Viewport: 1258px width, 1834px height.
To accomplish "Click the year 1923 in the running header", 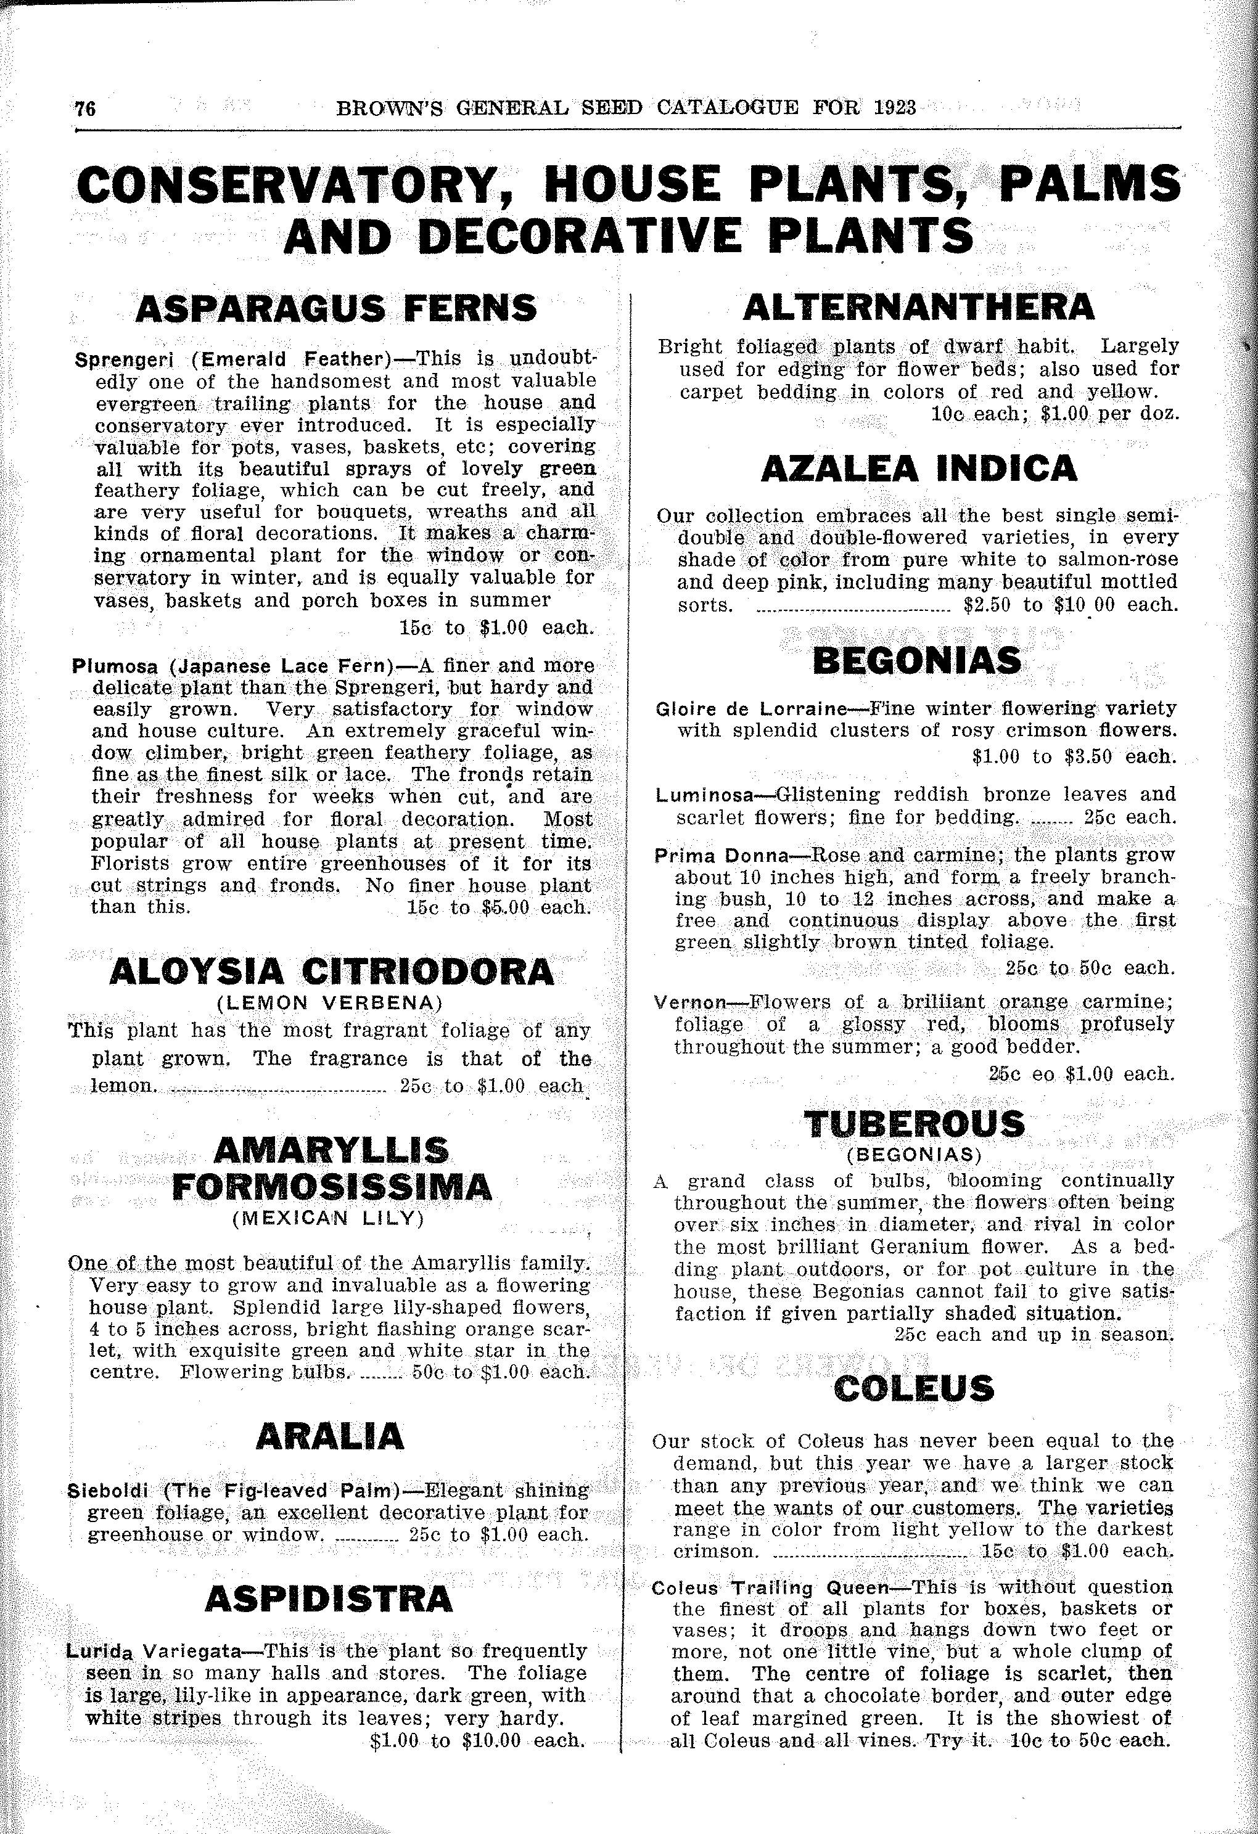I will (895, 107).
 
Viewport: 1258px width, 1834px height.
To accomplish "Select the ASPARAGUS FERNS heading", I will (336, 309).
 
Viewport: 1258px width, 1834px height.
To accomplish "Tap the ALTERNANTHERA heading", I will (919, 307).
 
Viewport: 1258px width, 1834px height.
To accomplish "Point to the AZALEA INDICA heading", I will (919, 469).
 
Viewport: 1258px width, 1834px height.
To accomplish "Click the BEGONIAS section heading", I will (916, 660).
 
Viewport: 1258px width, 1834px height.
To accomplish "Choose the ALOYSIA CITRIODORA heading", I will (332, 972).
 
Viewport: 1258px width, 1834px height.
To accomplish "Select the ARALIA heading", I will (330, 1436).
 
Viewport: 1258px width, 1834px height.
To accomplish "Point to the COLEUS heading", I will (914, 1389).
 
